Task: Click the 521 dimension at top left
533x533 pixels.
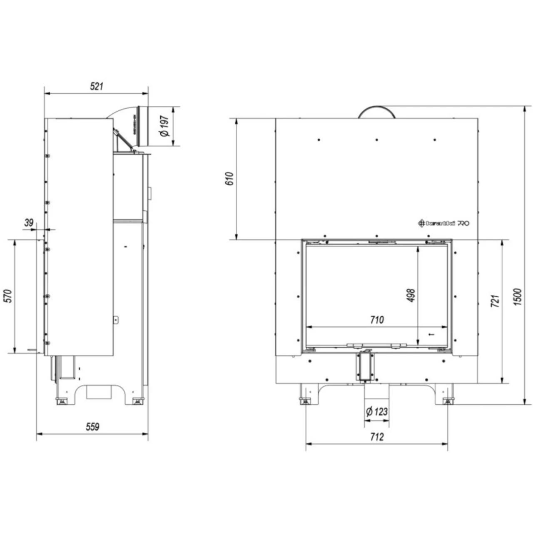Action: [x=96, y=87]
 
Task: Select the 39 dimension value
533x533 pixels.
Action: [x=29, y=223]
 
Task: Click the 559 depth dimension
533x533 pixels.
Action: [x=92, y=427]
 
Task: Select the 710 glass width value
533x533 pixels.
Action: [x=377, y=320]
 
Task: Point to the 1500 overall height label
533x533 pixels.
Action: [x=518, y=296]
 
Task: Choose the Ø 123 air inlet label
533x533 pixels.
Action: [x=376, y=412]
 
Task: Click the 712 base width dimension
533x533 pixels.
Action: [x=376, y=437]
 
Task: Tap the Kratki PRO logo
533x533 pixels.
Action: [x=444, y=223]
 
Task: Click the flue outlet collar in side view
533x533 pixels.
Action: [x=143, y=127]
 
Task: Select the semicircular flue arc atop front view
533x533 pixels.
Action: [x=376, y=112]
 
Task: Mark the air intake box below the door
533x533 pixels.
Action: [x=365, y=366]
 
